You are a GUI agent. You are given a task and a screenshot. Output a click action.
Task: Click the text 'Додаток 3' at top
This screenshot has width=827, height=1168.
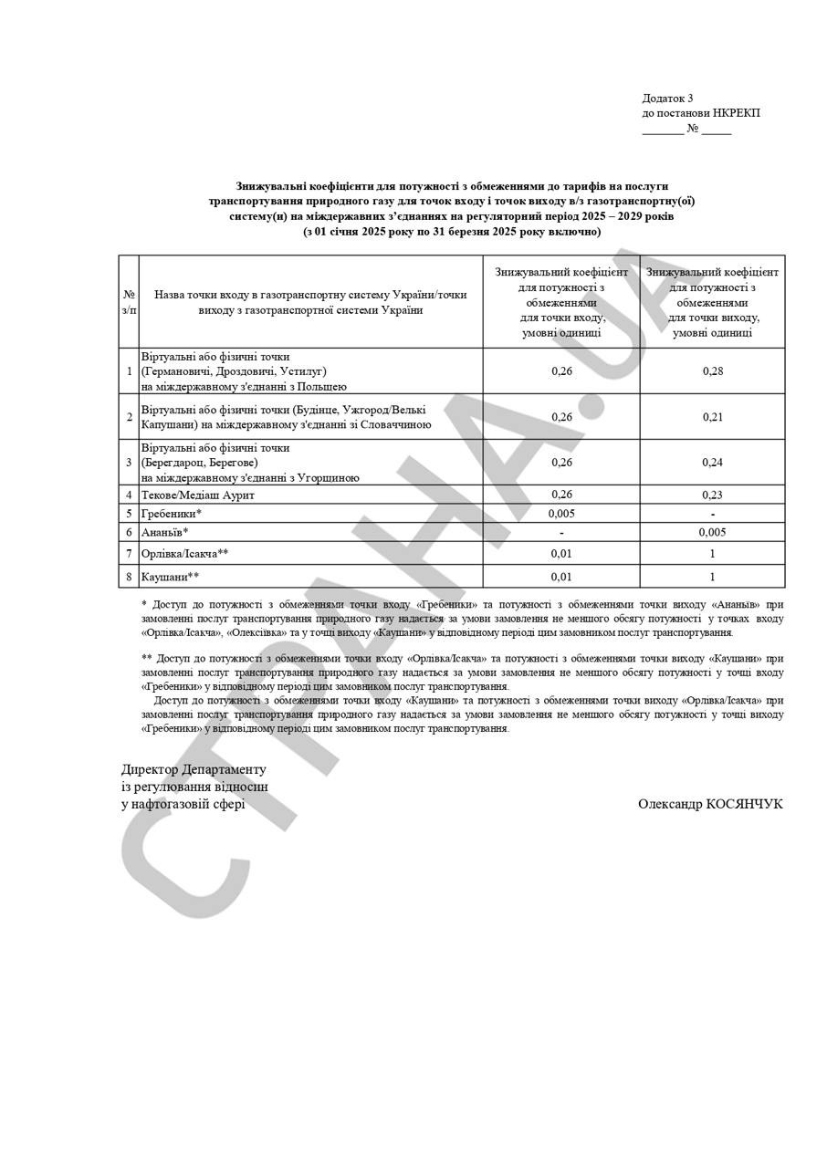click(667, 99)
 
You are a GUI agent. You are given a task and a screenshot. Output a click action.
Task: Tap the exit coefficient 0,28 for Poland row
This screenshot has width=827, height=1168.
click(712, 371)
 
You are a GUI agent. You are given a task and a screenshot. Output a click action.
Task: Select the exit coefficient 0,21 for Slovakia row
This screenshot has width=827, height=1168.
click(712, 417)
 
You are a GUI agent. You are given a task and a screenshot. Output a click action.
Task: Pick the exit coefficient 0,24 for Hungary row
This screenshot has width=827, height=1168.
click(712, 463)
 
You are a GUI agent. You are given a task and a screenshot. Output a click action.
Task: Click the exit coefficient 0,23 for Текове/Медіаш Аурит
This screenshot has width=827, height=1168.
click(712, 495)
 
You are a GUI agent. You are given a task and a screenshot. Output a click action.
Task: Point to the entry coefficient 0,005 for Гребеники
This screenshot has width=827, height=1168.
click(561, 514)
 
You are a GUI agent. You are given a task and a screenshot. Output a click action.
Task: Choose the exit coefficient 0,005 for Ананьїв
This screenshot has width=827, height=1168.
click(712, 532)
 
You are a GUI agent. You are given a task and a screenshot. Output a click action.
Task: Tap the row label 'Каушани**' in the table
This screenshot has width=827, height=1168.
click(170, 577)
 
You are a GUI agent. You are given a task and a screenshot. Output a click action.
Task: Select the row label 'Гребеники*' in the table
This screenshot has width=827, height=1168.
click(172, 514)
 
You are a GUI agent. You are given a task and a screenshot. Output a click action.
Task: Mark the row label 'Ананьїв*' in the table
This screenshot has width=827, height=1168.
click(165, 532)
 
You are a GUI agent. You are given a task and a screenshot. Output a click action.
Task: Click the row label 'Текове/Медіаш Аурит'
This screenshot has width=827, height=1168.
click(198, 495)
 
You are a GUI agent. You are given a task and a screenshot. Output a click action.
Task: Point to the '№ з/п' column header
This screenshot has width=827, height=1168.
click(129, 302)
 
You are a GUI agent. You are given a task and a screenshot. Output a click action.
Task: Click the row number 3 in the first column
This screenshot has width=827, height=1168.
click(129, 463)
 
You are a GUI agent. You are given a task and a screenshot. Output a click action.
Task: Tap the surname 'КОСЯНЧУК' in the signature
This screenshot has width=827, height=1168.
click(744, 804)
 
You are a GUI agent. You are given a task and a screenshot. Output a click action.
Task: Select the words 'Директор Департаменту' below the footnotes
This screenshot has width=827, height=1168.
click(194, 769)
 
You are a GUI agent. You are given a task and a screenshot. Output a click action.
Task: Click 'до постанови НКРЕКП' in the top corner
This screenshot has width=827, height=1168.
click(700, 113)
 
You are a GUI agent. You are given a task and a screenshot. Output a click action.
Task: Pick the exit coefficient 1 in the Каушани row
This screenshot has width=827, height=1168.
click(712, 577)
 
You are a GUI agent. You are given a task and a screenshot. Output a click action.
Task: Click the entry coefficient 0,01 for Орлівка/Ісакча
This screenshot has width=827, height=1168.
click(561, 554)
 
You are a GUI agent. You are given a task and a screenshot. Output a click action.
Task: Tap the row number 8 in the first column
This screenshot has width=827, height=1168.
click(129, 577)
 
